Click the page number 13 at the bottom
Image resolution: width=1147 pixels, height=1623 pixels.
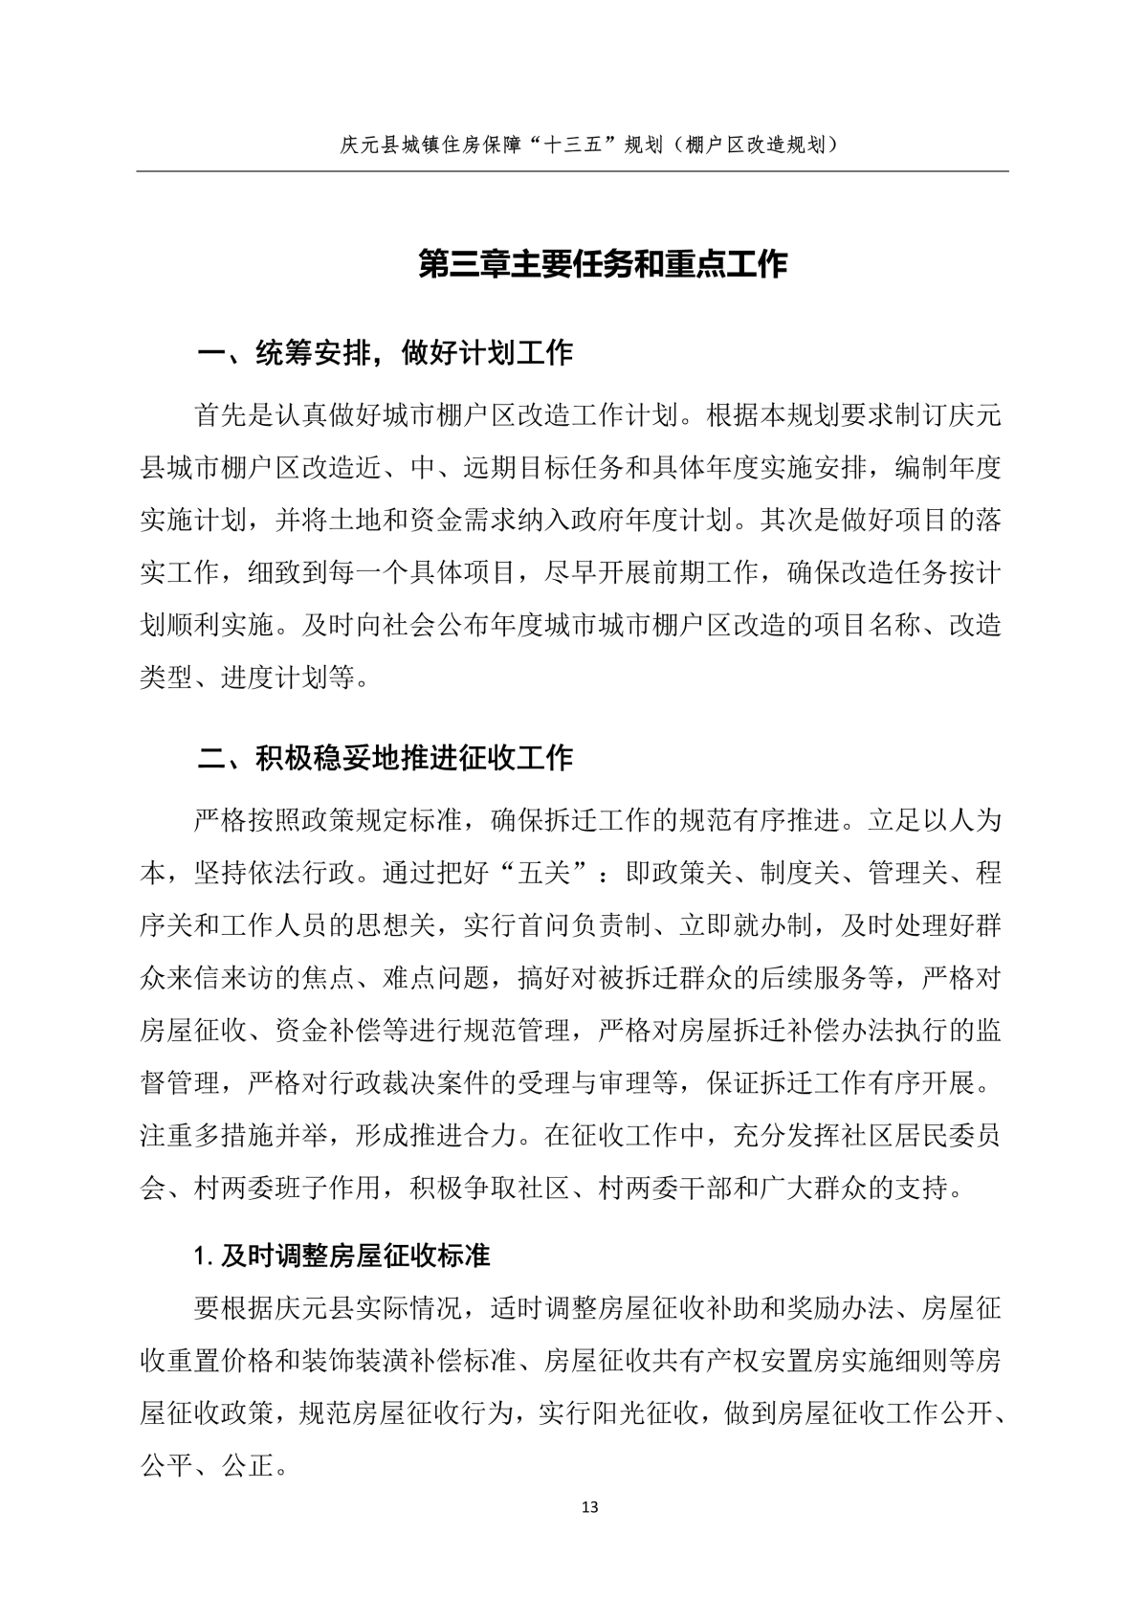589,1508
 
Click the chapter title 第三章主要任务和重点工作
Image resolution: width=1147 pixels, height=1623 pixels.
603,265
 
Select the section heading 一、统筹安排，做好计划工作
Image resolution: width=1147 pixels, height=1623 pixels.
385,353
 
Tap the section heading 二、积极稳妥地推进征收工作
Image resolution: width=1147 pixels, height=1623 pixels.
385,759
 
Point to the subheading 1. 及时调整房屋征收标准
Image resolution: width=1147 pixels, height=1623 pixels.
342,1256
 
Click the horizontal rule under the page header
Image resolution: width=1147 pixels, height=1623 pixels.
572,172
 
